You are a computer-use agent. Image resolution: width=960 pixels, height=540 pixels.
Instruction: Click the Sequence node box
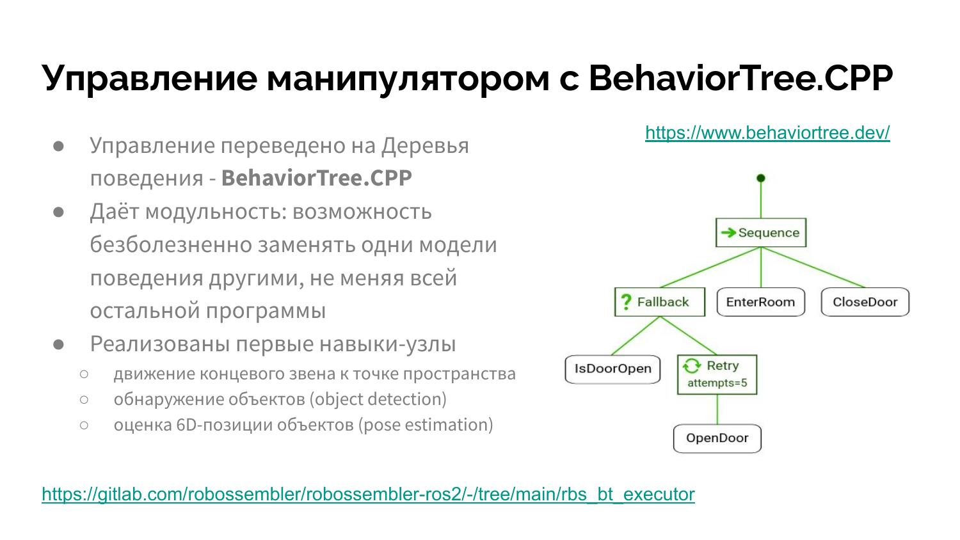coord(761,233)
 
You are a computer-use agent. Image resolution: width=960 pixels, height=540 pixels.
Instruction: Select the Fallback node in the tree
coord(660,302)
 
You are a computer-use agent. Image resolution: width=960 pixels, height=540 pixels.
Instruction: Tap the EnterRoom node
coord(761,302)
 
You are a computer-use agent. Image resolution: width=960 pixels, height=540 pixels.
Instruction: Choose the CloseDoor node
coord(865,302)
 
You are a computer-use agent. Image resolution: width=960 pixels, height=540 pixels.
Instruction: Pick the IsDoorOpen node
coord(612,369)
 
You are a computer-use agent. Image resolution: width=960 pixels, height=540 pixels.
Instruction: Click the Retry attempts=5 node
coord(717,374)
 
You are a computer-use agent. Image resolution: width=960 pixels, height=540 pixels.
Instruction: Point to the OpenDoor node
coord(717,438)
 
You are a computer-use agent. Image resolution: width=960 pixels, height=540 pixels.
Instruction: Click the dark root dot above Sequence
coord(761,178)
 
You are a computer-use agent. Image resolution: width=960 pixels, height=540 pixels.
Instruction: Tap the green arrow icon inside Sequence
coord(728,233)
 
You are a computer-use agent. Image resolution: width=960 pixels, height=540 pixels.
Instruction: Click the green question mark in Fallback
coord(626,302)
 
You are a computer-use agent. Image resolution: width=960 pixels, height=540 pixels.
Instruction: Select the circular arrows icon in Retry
coord(692,365)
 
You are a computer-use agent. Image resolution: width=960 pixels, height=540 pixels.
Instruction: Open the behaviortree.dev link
coord(767,133)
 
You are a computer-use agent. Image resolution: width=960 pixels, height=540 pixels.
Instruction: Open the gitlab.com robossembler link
coord(368,494)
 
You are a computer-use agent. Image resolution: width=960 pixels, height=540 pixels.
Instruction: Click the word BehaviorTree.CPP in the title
coord(741,78)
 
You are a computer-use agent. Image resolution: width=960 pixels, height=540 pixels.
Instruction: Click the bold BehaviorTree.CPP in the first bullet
coord(317,178)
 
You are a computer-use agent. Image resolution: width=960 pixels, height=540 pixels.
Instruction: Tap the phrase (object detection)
coord(378,399)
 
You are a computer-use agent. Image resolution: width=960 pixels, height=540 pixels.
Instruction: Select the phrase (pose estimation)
coord(426,425)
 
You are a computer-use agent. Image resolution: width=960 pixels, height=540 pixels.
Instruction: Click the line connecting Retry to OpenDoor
coord(717,409)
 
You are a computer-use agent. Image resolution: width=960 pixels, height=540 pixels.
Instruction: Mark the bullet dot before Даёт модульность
coord(58,212)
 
